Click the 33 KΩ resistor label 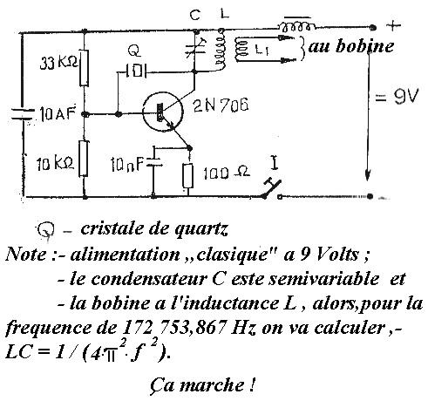click(59, 63)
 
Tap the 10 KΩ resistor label click(55, 165)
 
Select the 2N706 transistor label click(221, 105)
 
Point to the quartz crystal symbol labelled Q click(136, 71)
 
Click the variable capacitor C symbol click(195, 50)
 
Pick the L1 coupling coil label click(262, 50)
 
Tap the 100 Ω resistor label click(227, 173)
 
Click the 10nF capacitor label click(126, 165)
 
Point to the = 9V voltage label click(397, 97)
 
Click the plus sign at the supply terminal click(393, 25)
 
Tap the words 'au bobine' click(351, 46)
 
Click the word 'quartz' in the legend click(200, 230)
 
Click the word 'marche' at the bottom click(212, 385)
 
